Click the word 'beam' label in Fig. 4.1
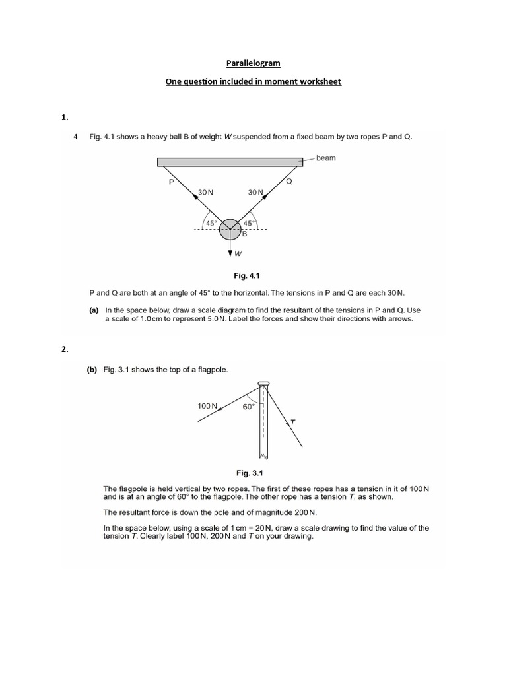[x=325, y=158]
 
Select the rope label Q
[x=288, y=181]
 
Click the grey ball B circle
[x=230, y=229]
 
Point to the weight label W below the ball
[x=238, y=254]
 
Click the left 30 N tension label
[x=205, y=192]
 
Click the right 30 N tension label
[x=255, y=192]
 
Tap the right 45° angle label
[x=250, y=223]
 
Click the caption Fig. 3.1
[x=250, y=473]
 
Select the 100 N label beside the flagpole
[x=207, y=406]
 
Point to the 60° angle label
[x=248, y=407]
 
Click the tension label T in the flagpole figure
[x=293, y=421]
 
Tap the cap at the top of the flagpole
[x=263, y=384]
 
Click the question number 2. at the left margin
[x=65, y=350]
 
